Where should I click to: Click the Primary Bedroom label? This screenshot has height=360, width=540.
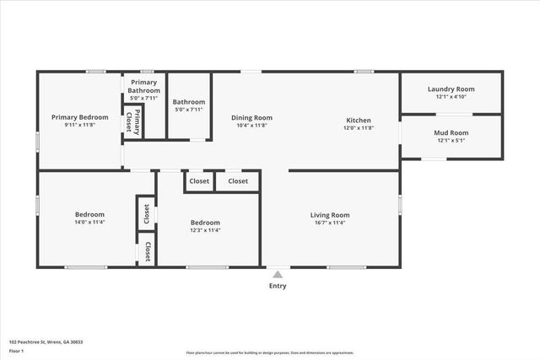(80, 117)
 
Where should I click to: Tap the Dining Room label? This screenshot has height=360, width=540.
(251, 118)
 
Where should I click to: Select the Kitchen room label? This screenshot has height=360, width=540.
(359, 121)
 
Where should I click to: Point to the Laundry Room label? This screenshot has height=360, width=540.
(451, 89)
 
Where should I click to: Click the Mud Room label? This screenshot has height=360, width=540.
(451, 132)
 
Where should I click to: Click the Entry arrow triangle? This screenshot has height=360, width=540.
(278, 273)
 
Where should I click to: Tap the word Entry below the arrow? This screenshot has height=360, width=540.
(278, 286)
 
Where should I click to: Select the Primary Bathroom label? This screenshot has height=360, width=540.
(143, 86)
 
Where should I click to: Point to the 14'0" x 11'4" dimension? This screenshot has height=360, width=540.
(89, 223)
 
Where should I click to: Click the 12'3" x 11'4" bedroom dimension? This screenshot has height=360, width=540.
(207, 230)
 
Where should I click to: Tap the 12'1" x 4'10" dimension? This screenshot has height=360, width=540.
(451, 96)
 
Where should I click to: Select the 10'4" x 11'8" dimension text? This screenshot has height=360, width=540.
(251, 126)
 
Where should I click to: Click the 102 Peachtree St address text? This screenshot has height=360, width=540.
(46, 342)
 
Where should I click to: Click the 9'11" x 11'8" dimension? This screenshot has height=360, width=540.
(80, 125)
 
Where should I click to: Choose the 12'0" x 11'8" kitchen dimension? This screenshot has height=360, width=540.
(359, 128)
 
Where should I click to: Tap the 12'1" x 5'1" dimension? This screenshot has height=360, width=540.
(451, 140)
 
